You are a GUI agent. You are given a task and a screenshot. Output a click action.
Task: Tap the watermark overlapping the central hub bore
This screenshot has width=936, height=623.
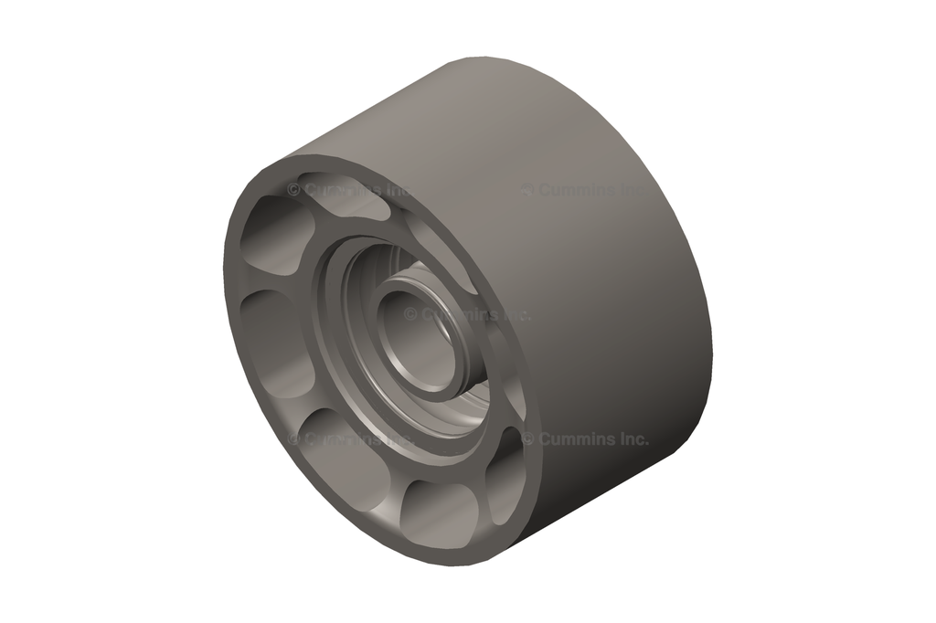click(x=466, y=313)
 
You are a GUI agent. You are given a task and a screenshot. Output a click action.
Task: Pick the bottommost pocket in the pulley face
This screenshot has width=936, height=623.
click(x=437, y=512)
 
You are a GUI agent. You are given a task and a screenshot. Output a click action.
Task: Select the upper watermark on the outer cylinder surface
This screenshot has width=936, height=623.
click(x=584, y=190)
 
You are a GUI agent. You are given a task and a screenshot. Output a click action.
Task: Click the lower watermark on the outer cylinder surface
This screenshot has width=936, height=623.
click(x=585, y=438)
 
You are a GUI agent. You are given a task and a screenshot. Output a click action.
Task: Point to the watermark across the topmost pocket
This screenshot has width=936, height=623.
click(x=347, y=189)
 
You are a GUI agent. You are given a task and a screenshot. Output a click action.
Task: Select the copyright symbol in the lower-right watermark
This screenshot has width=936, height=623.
click(x=528, y=438)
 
